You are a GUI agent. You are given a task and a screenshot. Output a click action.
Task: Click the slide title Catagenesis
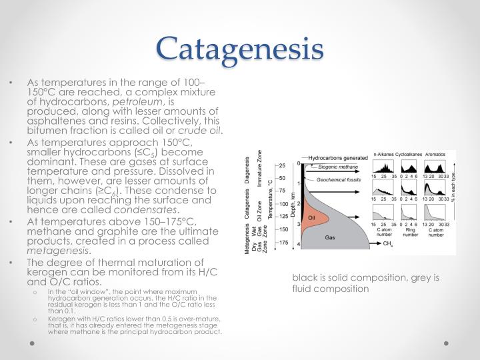point(240,48)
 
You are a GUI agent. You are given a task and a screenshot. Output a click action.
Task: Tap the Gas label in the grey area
point(329,237)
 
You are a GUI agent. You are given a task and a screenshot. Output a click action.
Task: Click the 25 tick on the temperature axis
point(282,165)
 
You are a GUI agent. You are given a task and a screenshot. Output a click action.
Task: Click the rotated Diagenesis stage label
point(249,171)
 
